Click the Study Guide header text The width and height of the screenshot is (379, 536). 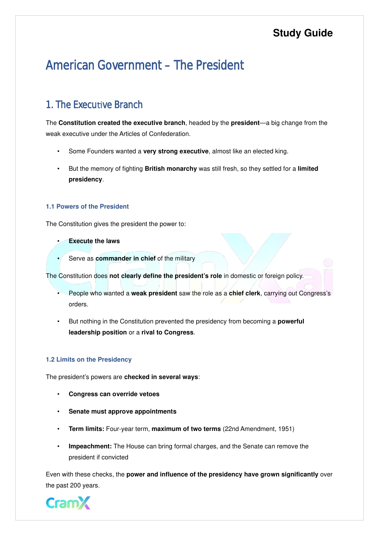coord(303,33)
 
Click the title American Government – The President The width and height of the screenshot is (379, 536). coord(145,65)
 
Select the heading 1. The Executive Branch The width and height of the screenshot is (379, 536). coord(94,105)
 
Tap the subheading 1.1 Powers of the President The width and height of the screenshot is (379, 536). coord(87,206)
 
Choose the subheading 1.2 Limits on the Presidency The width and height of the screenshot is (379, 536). coord(89,359)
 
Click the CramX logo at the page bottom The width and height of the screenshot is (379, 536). coord(68,503)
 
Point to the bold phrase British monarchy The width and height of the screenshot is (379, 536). coord(171,169)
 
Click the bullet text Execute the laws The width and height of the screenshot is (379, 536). coord(94,241)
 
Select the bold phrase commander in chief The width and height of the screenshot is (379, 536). coord(126,258)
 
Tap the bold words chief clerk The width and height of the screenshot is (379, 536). coord(244,293)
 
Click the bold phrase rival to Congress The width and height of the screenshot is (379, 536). coord(167,332)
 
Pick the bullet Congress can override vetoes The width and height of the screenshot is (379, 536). coord(114,394)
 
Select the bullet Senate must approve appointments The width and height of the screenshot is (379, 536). coord(122,411)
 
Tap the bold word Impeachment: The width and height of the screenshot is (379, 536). coord(90,446)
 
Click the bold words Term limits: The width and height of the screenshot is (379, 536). coord(86,429)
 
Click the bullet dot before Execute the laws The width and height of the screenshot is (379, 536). coord(58,241)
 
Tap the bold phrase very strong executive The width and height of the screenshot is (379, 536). coord(176,151)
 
